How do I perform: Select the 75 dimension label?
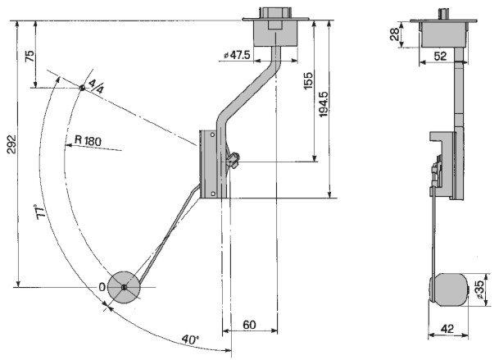tap(29, 57)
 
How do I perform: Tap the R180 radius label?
tap(87, 141)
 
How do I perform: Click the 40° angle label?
tap(190, 338)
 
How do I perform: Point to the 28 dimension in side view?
tap(394, 34)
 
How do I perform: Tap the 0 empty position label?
tap(102, 287)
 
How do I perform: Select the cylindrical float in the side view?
tap(449, 289)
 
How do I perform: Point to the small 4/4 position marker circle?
tap(83, 88)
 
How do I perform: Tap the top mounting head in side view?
tap(443, 31)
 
